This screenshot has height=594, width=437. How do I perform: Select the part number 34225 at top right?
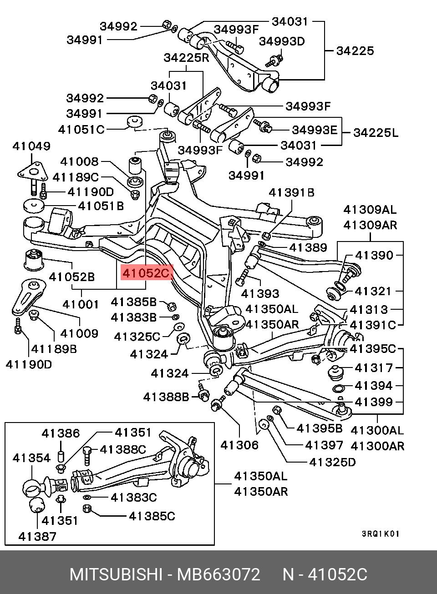[x=355, y=50]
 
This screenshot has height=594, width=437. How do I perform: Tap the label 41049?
[x=31, y=146]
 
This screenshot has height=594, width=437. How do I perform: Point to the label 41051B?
[x=101, y=206]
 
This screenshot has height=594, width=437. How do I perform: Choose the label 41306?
[x=239, y=445]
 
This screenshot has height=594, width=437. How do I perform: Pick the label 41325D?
[x=332, y=462]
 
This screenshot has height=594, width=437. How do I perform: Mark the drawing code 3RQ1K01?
[x=380, y=534]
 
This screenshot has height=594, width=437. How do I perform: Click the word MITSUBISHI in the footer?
[x=116, y=574]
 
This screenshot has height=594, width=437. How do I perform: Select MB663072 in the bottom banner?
[x=218, y=574]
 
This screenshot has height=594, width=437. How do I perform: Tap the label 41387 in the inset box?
[x=38, y=536]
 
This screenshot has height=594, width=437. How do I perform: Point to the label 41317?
[x=373, y=367]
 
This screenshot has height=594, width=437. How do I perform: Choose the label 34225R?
[x=186, y=58]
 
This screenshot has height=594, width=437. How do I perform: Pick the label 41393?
[x=260, y=293]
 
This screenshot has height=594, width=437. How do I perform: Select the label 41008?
[x=79, y=161]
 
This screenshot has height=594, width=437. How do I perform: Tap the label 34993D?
[x=282, y=41]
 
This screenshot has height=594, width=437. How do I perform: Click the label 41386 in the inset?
[x=61, y=433]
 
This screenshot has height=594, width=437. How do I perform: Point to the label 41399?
[x=373, y=402]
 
